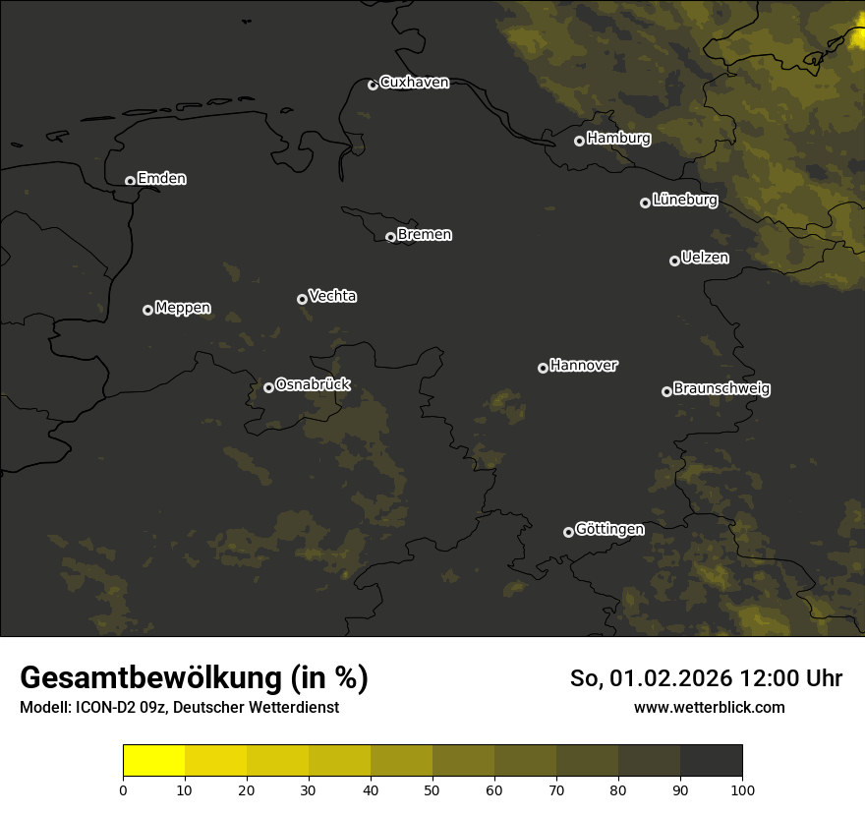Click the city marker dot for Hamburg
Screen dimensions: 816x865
coord(579,141)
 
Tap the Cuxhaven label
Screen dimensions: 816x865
coord(414,83)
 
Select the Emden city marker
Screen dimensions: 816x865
coord(130,181)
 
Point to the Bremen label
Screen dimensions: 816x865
coord(425,235)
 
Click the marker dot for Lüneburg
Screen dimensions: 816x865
coord(645,203)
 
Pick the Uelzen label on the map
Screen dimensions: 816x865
coord(705,258)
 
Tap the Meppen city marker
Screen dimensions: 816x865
coord(147,310)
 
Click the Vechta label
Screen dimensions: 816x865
coord(332,296)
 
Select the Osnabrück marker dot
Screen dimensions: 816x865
coord(268,387)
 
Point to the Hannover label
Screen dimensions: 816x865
coord(584,366)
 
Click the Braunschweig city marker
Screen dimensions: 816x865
coord(666,391)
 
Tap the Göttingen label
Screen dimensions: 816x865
coord(609,529)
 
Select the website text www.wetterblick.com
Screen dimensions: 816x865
coord(710,708)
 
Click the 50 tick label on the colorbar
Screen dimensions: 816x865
coord(432,789)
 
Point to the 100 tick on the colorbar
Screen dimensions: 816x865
coord(742,789)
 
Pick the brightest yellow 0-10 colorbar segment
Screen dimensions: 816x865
coord(154,761)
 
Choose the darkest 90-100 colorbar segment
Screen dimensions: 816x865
coord(711,761)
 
